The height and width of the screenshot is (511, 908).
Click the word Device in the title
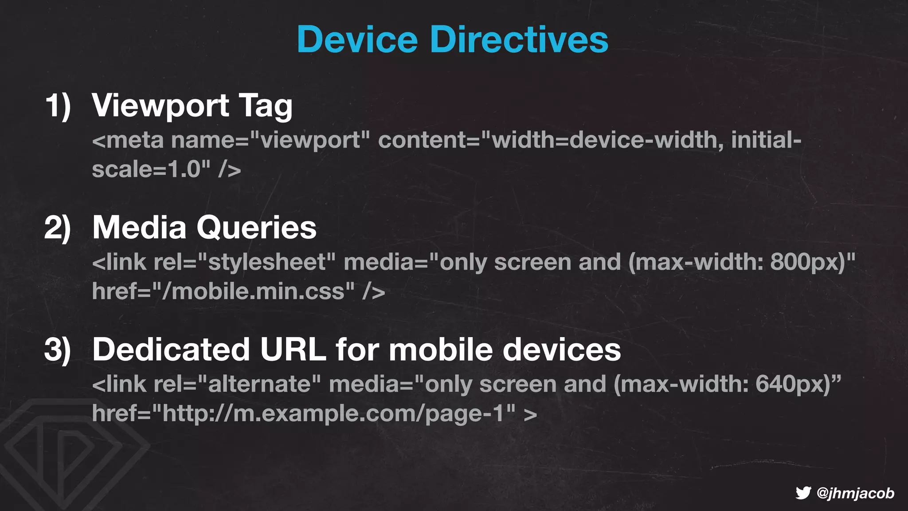[x=357, y=39]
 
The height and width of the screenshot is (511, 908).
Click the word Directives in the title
[x=519, y=39]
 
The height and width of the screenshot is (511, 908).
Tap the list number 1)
[x=58, y=106]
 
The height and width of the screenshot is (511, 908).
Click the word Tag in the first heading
[x=266, y=106]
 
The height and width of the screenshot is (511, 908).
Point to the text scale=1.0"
[x=151, y=169]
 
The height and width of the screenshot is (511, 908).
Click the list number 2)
[x=58, y=228]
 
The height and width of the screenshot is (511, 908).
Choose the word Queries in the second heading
[x=257, y=228]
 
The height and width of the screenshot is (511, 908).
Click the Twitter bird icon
[x=803, y=493]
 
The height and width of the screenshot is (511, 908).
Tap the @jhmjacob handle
[x=855, y=493]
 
